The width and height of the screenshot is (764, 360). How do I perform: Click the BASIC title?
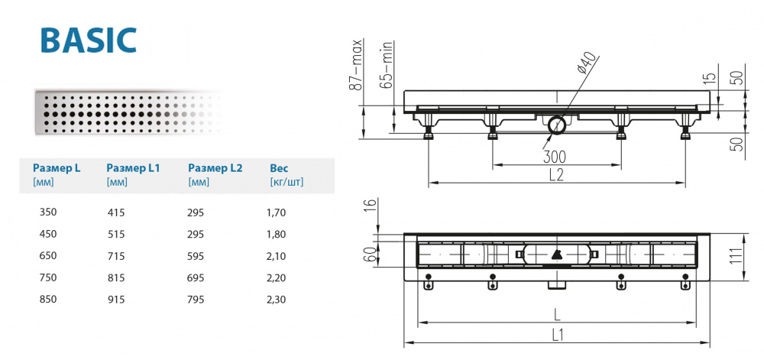pyautogui.click(x=88, y=39)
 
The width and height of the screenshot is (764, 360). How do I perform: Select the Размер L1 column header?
pyautogui.click(x=132, y=167)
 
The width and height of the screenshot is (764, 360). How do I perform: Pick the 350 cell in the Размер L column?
pyautogui.click(x=48, y=212)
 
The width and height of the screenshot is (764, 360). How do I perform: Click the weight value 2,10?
pyautogui.click(x=278, y=256)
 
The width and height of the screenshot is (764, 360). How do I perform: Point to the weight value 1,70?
pyautogui.click(x=278, y=212)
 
